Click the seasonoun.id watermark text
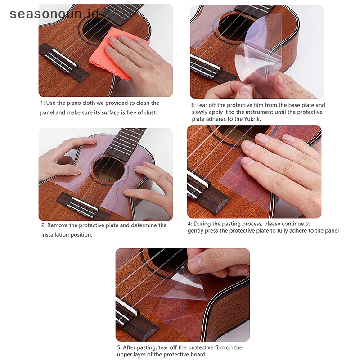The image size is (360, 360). tap(54, 14)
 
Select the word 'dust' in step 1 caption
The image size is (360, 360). tap(150, 112)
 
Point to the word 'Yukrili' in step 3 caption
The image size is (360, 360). tap(252, 119)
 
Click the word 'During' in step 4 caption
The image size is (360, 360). tap(201, 224)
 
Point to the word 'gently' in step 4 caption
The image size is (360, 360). tap(195, 231)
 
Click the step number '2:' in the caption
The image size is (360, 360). tap(44, 225)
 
